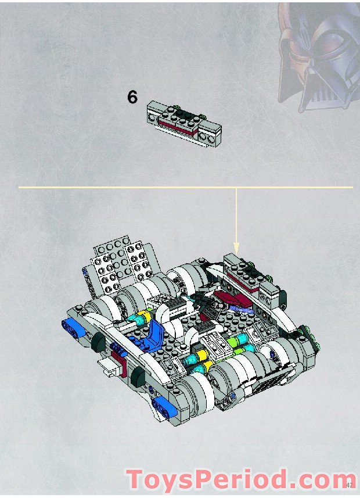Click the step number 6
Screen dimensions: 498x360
[132, 97]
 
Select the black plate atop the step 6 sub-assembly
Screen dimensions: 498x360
[185, 113]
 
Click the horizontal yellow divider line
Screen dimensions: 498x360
[116, 187]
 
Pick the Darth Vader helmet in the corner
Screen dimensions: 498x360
[316, 55]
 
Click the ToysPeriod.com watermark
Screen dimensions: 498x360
[241, 480]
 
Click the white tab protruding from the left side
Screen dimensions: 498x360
[109, 367]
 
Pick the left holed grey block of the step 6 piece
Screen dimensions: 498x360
[157, 116]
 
